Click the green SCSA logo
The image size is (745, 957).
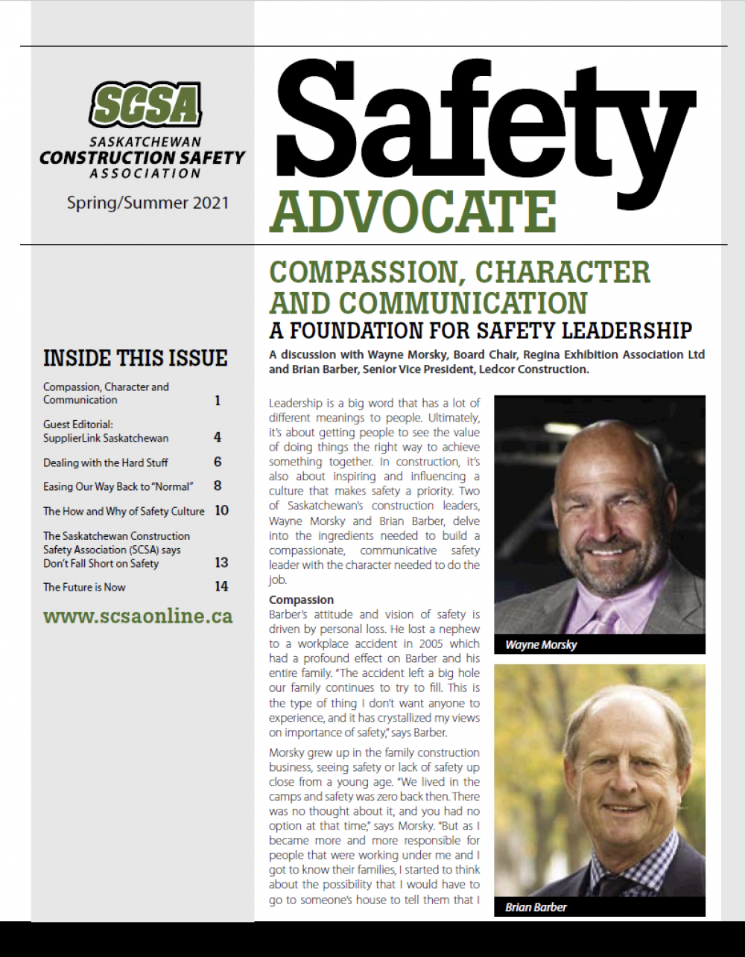point(146,104)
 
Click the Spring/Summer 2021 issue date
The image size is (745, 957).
point(148,202)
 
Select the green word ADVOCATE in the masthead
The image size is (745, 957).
point(413,212)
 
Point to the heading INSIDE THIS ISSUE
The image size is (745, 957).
point(135,358)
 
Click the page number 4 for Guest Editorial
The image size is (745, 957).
point(218,437)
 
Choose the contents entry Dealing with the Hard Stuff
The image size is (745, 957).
point(106,462)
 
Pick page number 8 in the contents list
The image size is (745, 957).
point(218,486)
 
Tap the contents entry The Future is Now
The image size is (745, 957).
point(84,587)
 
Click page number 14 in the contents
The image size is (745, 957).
point(221,586)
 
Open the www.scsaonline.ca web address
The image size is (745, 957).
point(138,617)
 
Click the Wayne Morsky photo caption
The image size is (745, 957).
point(541,645)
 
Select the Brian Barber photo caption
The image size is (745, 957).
point(536,907)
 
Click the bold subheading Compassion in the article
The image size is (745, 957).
point(301,600)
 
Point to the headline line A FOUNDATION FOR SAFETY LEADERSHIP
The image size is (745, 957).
point(481,330)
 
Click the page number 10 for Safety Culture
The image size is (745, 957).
point(221,510)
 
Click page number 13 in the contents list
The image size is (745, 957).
point(221,562)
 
